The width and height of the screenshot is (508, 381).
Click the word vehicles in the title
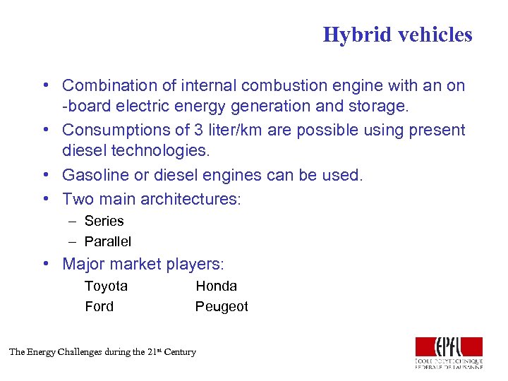coord(431,35)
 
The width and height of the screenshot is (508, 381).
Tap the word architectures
coord(190,199)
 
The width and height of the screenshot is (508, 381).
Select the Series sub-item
coord(104,221)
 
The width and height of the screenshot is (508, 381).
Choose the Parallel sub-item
coord(107,241)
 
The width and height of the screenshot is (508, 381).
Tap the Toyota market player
coord(106,286)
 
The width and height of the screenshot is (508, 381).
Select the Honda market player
coord(216,286)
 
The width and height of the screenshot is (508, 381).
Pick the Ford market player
coord(99,306)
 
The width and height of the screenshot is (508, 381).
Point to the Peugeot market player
coord(222,306)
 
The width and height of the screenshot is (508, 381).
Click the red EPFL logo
coord(449,346)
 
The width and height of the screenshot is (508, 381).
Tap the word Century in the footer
coord(181,351)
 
